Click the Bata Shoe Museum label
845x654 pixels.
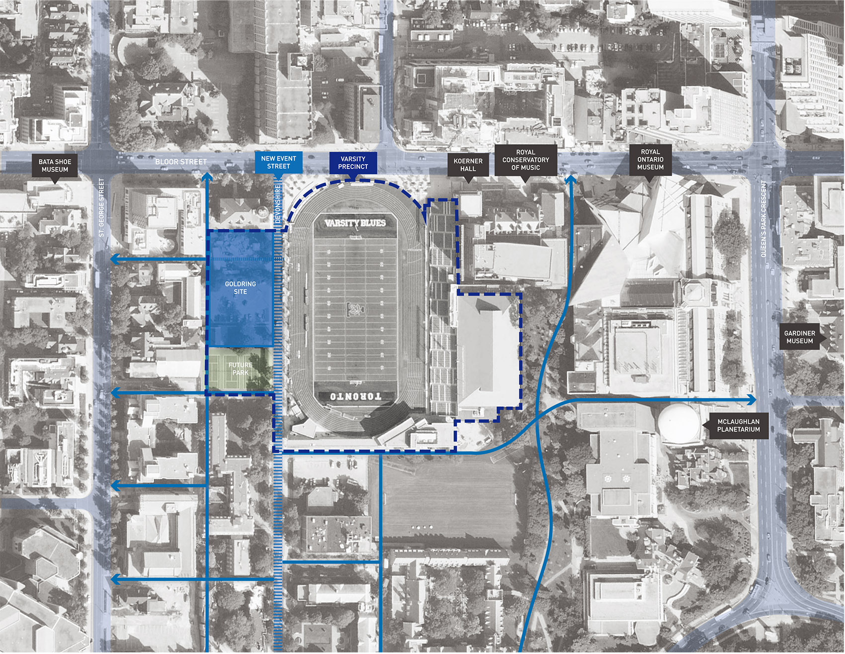pyautogui.click(x=55, y=166)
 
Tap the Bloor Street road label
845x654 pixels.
pyautogui.click(x=181, y=162)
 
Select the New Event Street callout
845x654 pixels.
pyautogui.click(x=278, y=163)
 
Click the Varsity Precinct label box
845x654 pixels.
pyautogui.click(x=353, y=163)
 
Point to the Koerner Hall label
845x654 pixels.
pyautogui.click(x=468, y=165)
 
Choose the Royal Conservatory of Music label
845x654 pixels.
pyautogui.click(x=525, y=160)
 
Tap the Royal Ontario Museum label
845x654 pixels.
pyautogui.click(x=650, y=160)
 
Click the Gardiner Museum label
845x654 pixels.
pyautogui.click(x=799, y=337)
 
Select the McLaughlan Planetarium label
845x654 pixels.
pyautogui.click(x=738, y=425)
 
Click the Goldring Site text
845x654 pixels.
pyautogui.click(x=241, y=288)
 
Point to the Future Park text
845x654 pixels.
pyautogui.click(x=241, y=369)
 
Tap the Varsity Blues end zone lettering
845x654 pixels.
pyautogui.click(x=355, y=223)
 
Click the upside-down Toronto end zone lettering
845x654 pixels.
pyautogui.click(x=355, y=396)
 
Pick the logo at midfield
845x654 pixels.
pyautogui.click(x=355, y=309)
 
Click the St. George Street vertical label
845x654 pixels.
pyautogui.click(x=101, y=207)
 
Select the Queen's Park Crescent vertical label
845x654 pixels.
pyautogui.click(x=764, y=219)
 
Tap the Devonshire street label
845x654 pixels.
pyautogui.click(x=278, y=203)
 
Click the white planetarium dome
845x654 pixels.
pyautogui.click(x=679, y=423)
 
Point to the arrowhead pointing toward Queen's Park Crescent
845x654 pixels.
pyautogui.click(x=752, y=400)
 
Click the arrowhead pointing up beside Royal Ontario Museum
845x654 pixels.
pyautogui.click(x=571, y=179)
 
